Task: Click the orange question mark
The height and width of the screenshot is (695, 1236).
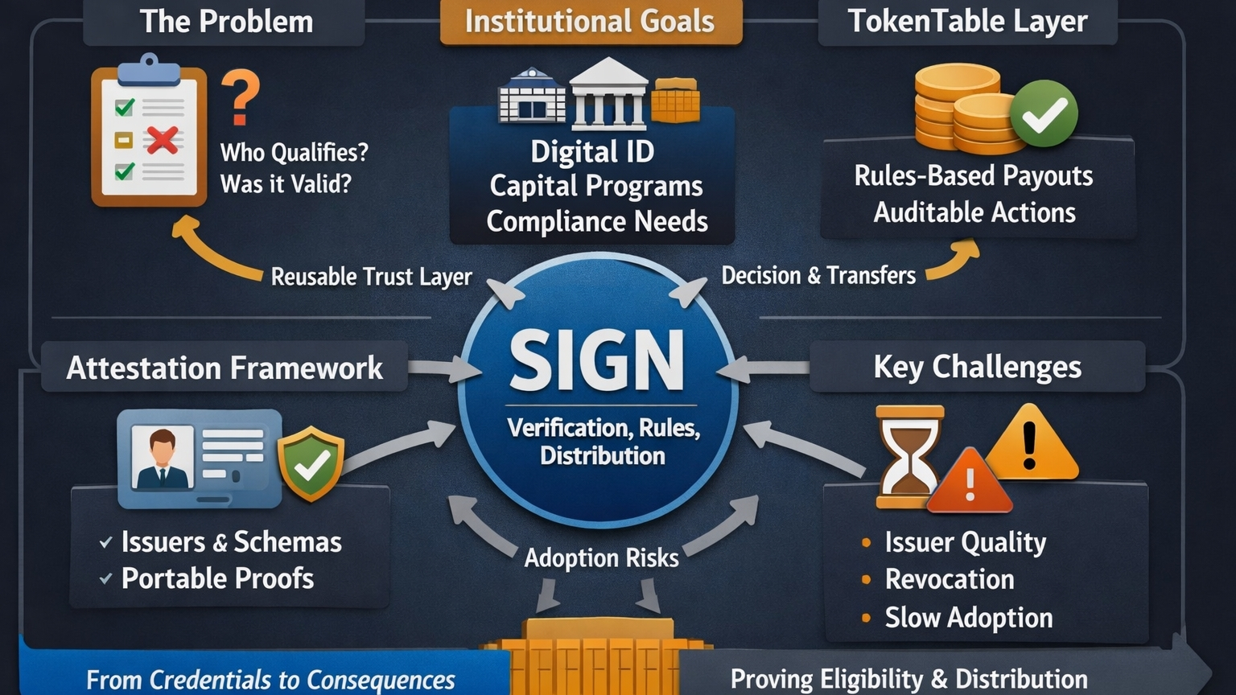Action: pos(241,97)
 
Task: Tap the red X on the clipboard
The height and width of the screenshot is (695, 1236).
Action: pos(162,141)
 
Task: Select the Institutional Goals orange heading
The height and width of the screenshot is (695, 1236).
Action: pos(590,22)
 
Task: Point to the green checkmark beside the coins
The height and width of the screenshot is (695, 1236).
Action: pos(1044,113)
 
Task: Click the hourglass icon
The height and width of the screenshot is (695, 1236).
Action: pos(908,456)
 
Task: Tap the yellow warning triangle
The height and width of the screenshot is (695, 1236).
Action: pos(1031,445)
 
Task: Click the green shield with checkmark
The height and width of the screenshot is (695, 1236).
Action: pos(311,463)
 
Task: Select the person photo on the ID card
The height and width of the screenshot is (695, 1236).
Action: pos(163,459)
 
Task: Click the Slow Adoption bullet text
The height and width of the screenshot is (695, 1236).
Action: pos(969,618)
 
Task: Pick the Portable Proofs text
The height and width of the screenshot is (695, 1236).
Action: pos(217,578)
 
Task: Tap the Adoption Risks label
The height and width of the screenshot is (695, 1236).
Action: pos(601,557)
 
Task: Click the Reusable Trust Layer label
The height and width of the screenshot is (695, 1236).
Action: pos(371,277)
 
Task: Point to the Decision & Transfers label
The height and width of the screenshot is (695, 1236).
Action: pos(818,276)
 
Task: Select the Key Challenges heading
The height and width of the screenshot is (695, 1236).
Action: pos(977,367)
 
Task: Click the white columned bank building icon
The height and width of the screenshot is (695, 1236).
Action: pos(608,95)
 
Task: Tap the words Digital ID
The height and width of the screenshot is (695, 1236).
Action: pos(592,151)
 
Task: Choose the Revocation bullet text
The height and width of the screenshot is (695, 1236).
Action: pos(950,579)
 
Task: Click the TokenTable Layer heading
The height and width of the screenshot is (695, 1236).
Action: pos(967,22)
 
